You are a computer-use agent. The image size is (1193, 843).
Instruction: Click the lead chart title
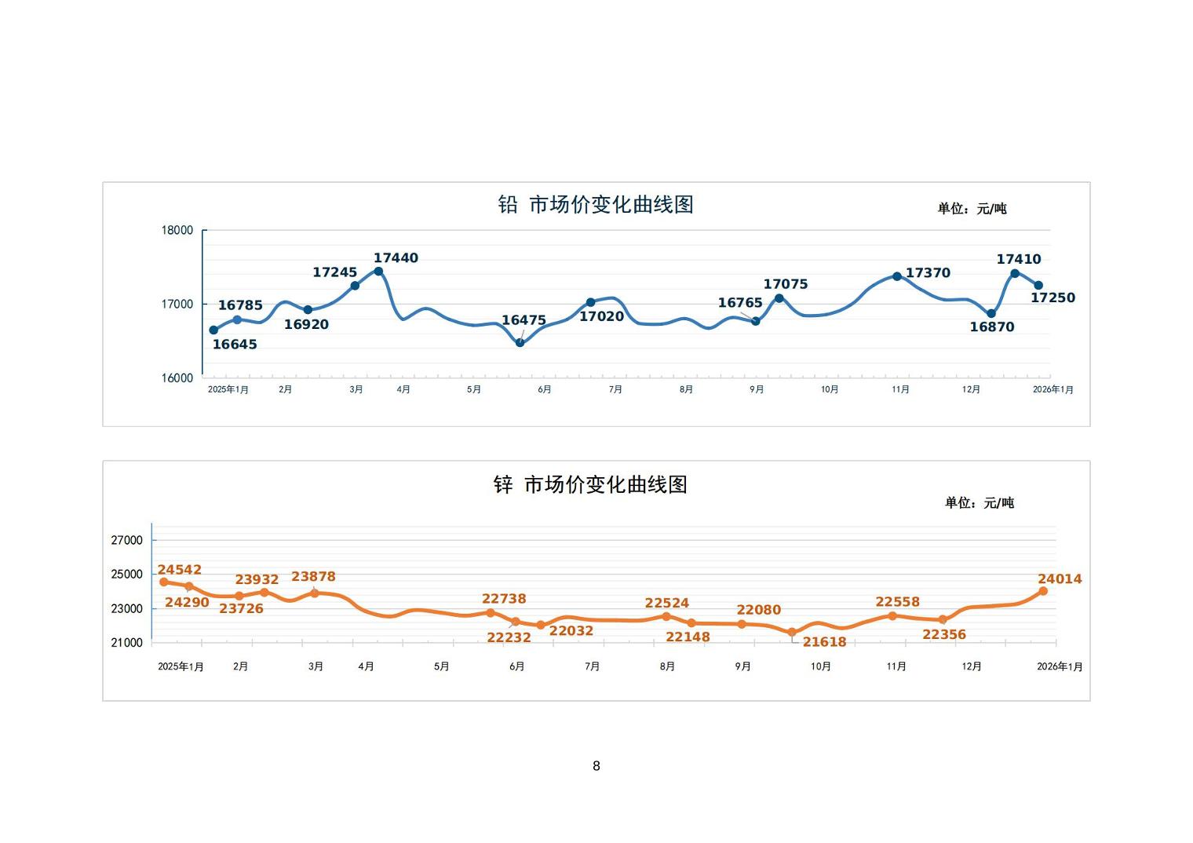coord(596,205)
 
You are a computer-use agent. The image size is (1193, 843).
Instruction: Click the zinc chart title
coord(590,485)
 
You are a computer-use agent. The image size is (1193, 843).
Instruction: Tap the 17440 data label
coord(396,258)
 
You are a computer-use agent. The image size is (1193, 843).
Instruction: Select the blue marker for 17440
coord(378,272)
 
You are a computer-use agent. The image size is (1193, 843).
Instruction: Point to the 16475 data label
coord(524,320)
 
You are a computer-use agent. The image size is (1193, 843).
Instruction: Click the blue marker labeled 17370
coord(897,276)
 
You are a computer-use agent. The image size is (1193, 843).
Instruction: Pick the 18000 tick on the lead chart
coord(177,231)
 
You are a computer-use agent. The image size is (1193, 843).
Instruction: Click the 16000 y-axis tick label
coord(177,378)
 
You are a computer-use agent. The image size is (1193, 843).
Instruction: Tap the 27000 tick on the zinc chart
coord(127,541)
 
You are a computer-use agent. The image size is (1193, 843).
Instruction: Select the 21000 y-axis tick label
coord(127,643)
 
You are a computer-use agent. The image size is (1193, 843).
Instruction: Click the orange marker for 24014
coord(1043,591)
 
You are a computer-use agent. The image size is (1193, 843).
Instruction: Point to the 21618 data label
coord(824,642)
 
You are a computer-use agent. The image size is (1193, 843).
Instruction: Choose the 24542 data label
coord(180,570)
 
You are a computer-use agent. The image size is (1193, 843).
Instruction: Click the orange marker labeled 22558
coord(892,616)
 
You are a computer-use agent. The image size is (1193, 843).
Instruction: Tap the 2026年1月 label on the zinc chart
coord(1060,666)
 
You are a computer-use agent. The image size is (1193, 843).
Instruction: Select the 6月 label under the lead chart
coord(545,390)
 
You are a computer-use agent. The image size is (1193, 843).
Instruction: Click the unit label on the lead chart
coord(972,209)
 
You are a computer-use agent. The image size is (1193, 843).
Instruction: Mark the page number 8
coord(596,766)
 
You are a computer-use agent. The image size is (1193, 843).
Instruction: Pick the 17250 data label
coord(1053,298)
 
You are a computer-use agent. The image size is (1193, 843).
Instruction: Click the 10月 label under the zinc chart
coord(821,666)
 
